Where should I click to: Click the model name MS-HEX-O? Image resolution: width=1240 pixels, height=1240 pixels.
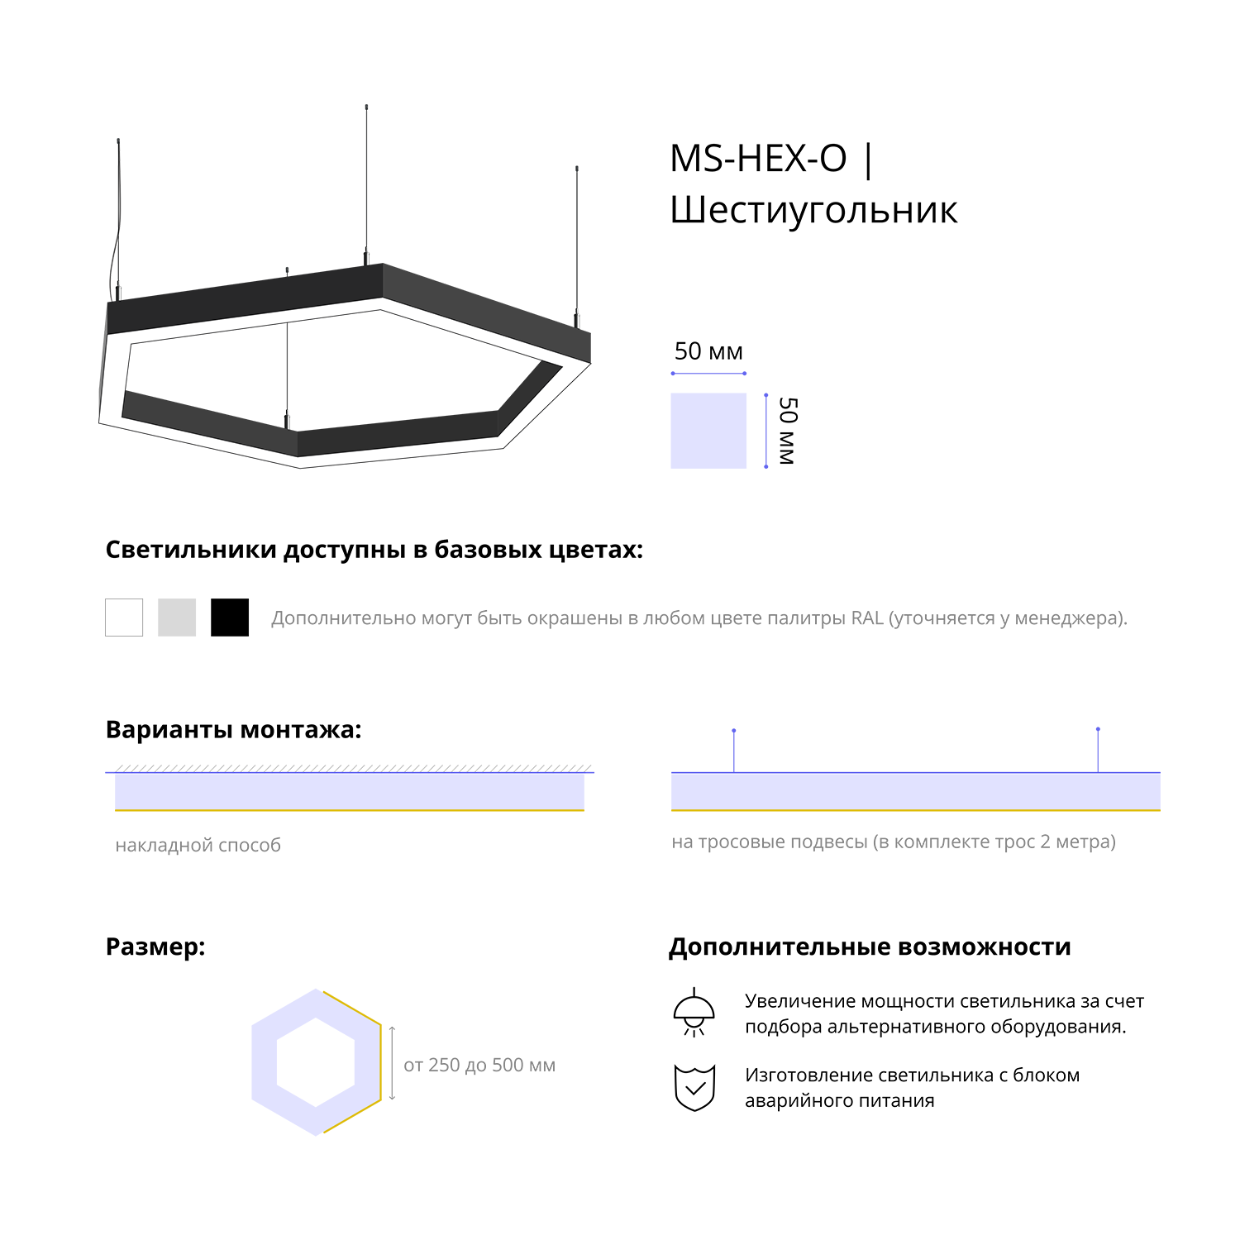coord(758,158)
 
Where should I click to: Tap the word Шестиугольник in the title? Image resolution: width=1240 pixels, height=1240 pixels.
coord(813,210)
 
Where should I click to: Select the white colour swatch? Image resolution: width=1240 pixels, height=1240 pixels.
coord(124,618)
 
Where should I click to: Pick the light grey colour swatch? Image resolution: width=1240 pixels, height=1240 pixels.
coord(177,618)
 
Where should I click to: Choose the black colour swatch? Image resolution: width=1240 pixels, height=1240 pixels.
coord(230,618)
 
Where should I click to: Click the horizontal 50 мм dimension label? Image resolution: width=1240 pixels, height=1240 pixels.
coord(708,351)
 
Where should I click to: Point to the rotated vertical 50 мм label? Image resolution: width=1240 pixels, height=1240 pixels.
coord(788,431)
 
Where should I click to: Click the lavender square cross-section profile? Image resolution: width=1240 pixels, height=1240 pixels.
coord(708,431)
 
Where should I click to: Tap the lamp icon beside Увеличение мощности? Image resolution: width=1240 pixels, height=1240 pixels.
coord(694,1012)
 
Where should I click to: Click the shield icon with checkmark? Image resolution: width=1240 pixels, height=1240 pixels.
coord(694,1088)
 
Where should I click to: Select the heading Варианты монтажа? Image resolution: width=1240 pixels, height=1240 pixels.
coord(234,730)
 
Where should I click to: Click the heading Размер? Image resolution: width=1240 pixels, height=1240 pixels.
coord(155,947)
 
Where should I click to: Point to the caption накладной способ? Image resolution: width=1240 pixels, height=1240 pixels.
coord(198,845)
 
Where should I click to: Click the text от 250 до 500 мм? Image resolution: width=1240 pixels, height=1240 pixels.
coord(479,1065)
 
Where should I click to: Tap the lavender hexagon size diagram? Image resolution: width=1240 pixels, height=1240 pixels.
coord(317,1062)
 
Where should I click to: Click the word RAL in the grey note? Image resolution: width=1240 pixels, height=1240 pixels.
coord(867,618)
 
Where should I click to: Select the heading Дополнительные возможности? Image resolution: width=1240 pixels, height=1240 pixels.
coord(870,947)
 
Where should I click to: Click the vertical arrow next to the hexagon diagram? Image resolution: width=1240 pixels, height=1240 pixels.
coord(392,1063)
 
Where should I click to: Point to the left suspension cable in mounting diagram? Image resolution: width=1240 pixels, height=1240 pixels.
coord(734,751)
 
